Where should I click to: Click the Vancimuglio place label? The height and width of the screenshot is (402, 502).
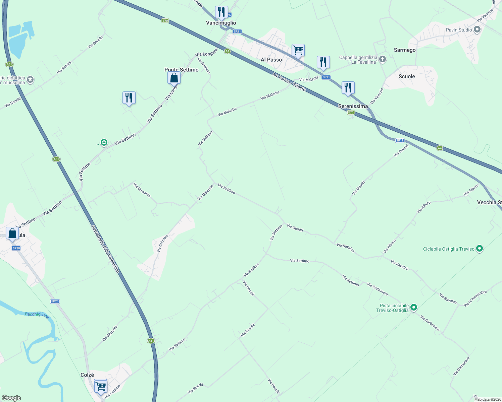(221, 23)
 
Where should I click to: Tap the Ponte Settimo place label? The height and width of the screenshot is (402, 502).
(181, 70)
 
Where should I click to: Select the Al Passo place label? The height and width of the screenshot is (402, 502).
(271, 60)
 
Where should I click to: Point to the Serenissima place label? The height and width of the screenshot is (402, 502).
(353, 106)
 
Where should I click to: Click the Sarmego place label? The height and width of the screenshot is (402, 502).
(404, 50)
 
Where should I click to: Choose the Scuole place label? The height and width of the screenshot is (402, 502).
(407, 76)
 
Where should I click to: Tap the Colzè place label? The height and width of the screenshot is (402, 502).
(87, 375)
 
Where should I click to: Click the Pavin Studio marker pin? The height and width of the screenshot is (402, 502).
(477, 29)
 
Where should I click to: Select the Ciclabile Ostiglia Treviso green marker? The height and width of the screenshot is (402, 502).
(480, 249)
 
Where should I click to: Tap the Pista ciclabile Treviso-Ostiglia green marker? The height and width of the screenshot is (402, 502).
(414, 307)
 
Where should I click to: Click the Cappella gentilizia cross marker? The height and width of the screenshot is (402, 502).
(383, 59)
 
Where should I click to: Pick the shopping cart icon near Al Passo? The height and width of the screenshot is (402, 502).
(298, 50)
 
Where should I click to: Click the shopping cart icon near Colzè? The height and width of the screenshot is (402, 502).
(101, 386)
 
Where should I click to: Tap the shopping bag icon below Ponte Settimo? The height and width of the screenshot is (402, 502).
(174, 78)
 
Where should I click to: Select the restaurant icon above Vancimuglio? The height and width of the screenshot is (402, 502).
(221, 12)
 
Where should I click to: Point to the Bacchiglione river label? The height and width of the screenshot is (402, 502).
(37, 315)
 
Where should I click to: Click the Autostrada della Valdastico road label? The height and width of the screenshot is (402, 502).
(105, 249)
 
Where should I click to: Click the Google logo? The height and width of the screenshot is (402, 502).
(11, 398)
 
